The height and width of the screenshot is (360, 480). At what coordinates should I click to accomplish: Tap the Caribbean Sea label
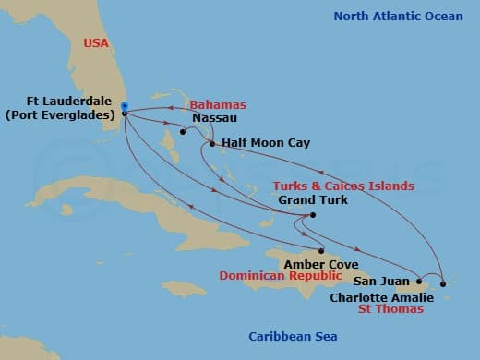click(x=288, y=337)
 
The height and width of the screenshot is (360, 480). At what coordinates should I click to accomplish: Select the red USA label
click(x=96, y=42)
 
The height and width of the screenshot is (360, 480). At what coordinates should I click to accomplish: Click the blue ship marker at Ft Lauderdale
click(x=124, y=105)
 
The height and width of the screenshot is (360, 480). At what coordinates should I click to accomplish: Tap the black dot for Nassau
click(x=184, y=132)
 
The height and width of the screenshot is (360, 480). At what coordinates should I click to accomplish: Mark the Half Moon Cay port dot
click(x=212, y=143)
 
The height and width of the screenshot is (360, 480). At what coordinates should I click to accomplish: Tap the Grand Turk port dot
click(x=313, y=216)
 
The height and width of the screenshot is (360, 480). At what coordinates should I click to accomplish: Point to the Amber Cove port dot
click(x=320, y=251)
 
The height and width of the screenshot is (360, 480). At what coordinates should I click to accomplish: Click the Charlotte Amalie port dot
click(x=443, y=283)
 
